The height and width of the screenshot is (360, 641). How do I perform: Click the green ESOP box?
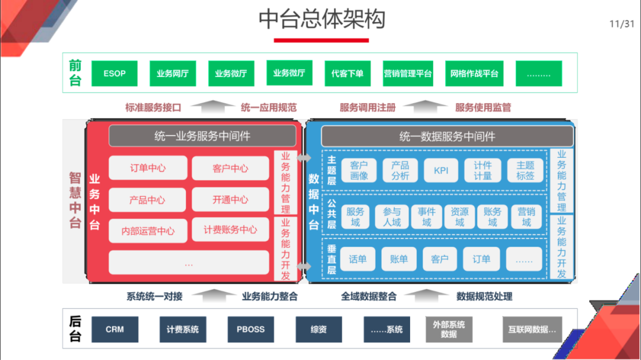pos(114,74)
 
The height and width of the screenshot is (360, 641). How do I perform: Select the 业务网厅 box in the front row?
pos(172,74)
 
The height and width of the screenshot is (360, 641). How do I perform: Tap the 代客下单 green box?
pos(347,74)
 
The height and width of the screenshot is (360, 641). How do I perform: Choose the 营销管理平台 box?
pos(408,74)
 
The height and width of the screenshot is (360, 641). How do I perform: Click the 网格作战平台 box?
pos(474,74)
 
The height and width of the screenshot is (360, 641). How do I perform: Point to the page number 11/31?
pos(621,24)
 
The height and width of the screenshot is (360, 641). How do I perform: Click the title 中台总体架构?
pos(322,19)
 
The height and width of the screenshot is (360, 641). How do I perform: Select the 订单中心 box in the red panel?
pos(148,168)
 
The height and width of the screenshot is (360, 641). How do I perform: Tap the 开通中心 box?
pos(230,199)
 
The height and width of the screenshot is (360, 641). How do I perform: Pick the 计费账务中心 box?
pos(230,230)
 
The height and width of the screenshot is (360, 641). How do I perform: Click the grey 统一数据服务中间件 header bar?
pos(447,136)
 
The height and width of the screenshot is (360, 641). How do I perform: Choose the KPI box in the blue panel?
pos(441,171)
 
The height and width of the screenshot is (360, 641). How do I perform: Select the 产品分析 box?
pos(400,171)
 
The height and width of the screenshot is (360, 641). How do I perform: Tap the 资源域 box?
pos(459,216)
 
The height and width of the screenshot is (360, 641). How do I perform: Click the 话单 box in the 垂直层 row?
pos(358,259)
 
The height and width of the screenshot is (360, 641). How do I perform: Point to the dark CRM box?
pos(115,329)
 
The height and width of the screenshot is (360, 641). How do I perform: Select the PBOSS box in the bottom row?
pos(250,329)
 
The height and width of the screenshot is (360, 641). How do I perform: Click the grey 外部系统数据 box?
pos(449,329)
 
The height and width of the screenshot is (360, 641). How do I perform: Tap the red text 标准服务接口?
pos(153,107)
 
